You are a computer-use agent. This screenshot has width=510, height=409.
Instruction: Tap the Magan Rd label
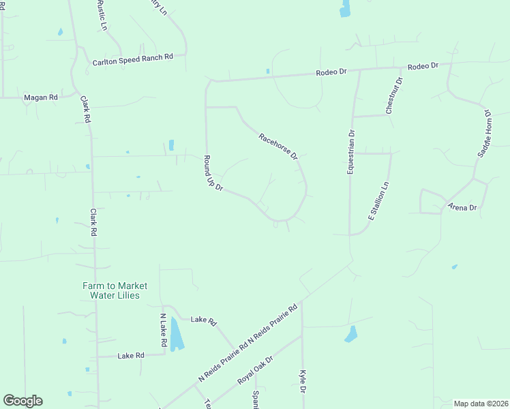click(41, 97)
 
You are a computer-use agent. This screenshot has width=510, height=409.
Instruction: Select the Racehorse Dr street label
click(278, 147)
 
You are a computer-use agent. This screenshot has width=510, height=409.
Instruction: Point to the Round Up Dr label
click(213, 173)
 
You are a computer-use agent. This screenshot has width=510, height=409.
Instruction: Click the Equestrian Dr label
click(351, 153)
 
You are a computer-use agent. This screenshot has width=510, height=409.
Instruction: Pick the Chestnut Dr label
click(394, 95)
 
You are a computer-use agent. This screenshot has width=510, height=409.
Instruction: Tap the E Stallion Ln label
click(378, 200)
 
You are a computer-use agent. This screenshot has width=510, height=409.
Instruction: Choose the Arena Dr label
click(462, 207)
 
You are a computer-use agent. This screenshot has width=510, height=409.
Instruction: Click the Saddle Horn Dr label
click(483, 134)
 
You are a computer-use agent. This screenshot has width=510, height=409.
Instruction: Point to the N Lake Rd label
click(163, 331)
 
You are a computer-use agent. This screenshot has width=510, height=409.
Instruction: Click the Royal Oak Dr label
click(255, 369)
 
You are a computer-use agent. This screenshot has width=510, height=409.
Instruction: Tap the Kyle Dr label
click(303, 382)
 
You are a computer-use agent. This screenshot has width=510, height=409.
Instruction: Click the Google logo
click(22, 401)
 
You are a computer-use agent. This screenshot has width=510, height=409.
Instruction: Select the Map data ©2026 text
click(481, 403)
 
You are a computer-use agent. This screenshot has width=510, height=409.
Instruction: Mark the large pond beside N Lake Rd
click(176, 334)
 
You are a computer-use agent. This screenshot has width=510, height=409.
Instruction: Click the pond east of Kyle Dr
click(351, 334)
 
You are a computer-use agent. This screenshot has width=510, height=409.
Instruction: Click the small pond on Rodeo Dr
click(268, 71)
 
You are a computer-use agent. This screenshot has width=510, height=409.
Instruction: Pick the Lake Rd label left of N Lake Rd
click(131, 356)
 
